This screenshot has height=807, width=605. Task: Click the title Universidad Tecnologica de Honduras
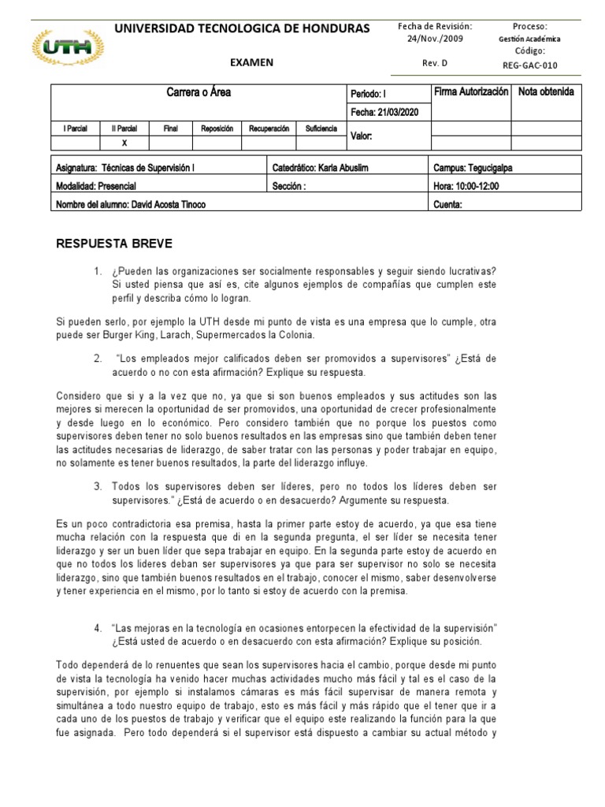(242, 28)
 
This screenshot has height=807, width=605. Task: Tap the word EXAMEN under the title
(251, 62)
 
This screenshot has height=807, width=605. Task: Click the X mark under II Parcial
(124, 143)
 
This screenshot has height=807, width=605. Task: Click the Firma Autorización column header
(471, 92)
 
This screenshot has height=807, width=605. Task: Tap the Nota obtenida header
(546, 92)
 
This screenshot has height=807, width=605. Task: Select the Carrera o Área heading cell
(199, 93)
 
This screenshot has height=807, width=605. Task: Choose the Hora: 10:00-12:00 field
(466, 186)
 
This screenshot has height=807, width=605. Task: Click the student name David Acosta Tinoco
(166, 205)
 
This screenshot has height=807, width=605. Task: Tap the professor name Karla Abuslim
(344, 168)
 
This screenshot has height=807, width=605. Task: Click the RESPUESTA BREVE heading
(114, 243)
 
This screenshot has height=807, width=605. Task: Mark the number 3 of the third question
(98, 487)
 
